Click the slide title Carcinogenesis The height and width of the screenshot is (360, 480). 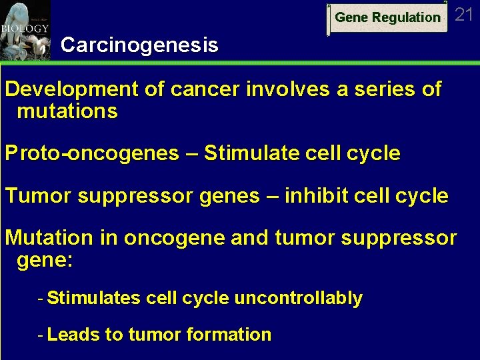(x=139, y=45)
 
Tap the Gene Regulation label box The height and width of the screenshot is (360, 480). (x=387, y=18)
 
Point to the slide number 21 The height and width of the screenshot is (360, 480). (x=464, y=15)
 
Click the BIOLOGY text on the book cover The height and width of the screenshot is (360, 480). (x=25, y=29)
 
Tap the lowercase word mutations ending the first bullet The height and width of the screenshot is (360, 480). (x=67, y=111)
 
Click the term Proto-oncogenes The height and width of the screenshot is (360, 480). (x=92, y=153)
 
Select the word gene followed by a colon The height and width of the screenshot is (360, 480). (x=42, y=259)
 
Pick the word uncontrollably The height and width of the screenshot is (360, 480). (x=298, y=298)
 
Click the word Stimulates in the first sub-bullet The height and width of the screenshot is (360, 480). (x=93, y=298)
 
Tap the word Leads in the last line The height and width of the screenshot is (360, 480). (x=73, y=335)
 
